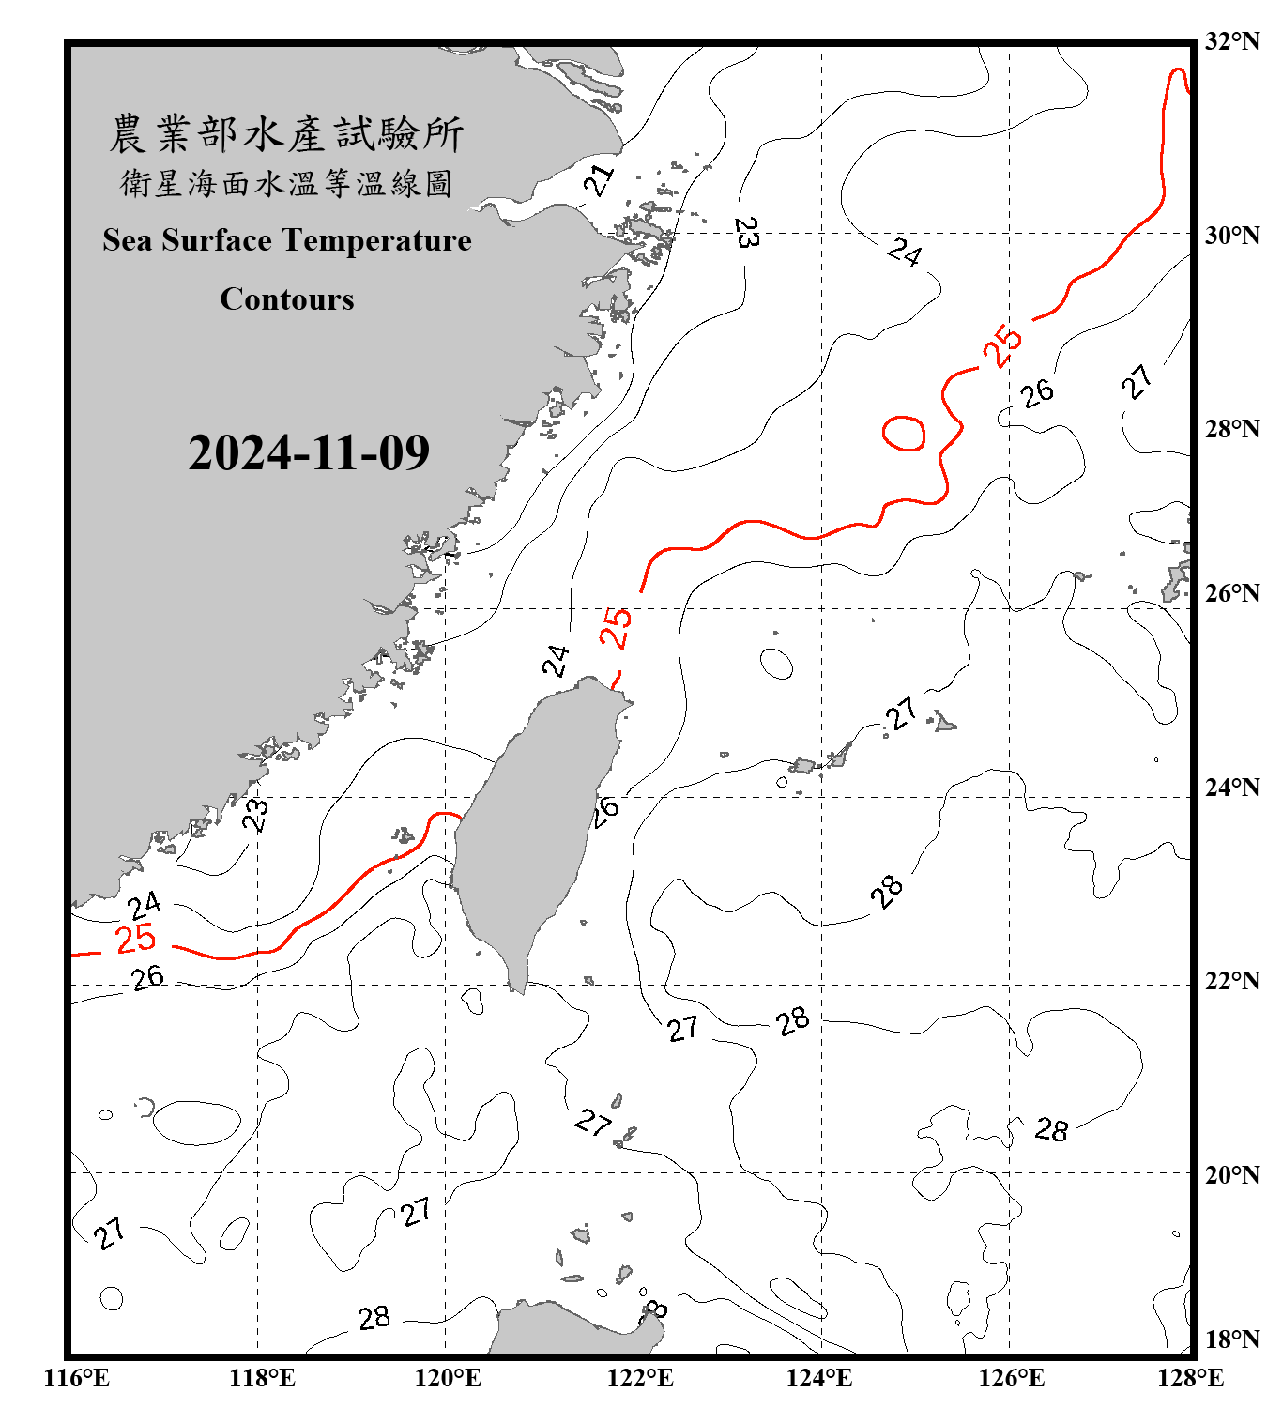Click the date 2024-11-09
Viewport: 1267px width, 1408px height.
(x=309, y=452)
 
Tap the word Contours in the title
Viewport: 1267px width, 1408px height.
(x=287, y=298)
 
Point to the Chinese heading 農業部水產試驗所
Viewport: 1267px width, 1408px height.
(x=286, y=134)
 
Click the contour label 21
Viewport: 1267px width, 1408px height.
(x=598, y=180)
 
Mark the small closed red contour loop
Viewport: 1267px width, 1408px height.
(x=905, y=433)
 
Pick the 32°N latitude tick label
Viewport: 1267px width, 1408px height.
(x=1231, y=41)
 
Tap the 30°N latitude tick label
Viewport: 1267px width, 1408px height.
(x=1231, y=236)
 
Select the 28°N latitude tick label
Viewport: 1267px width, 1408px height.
(x=1231, y=429)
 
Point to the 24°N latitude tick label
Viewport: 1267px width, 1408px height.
(x=1231, y=788)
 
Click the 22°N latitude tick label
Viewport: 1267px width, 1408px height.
(x=1231, y=981)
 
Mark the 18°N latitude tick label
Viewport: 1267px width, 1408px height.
(x=1231, y=1339)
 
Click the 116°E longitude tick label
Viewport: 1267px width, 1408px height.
(x=77, y=1378)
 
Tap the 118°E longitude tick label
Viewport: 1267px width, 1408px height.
(x=262, y=1378)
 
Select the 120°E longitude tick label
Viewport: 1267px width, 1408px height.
(x=448, y=1378)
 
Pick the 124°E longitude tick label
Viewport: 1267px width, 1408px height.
(x=819, y=1378)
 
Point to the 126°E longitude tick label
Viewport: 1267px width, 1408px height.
(x=1011, y=1378)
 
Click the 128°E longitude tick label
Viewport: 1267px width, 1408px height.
(x=1190, y=1378)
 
